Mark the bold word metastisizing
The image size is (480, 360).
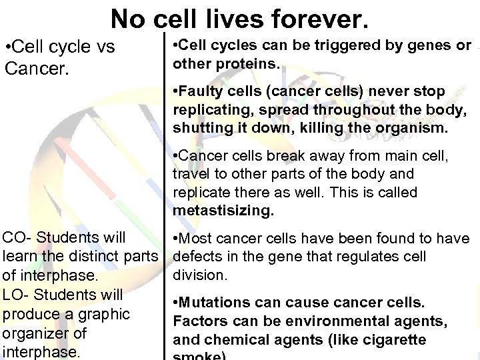pyautogui.click(x=223, y=211)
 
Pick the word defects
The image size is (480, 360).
pyautogui.click(x=195, y=256)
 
